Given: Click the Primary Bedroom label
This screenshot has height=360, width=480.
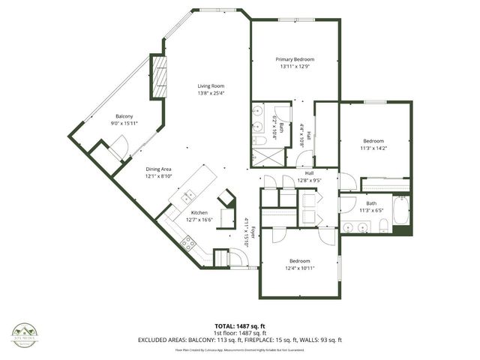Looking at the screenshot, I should point(294,59).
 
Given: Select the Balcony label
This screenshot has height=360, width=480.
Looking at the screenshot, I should point(124,116).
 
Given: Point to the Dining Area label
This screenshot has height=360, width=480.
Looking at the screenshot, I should point(159,169).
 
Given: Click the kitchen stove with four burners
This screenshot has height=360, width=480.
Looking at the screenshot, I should point(187,244).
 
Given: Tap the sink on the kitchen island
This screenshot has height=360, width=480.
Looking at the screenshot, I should point(187,197).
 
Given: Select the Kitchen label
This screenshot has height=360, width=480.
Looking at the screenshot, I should point(199,213).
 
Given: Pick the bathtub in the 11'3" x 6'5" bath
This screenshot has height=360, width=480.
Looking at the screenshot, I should point(400,212).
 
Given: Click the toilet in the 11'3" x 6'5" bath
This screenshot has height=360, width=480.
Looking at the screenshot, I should point(382,227).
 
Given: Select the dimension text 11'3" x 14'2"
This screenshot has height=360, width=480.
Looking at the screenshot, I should point(373,148).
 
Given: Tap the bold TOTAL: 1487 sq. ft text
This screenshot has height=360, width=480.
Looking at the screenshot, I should point(240,326).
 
